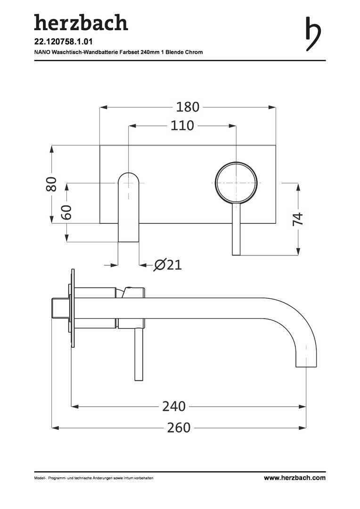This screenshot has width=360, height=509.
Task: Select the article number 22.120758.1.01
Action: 59,42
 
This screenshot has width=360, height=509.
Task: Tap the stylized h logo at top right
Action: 313,34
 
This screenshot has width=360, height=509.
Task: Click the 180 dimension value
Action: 188,107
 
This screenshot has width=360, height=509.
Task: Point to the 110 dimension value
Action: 182,125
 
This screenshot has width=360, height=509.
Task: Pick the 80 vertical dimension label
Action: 52,184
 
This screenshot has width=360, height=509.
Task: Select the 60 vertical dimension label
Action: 66,212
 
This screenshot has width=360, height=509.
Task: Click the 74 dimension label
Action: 298,219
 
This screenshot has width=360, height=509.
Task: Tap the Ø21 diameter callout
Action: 168,265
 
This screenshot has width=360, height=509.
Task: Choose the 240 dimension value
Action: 174,406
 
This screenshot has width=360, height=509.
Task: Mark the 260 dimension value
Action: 179,428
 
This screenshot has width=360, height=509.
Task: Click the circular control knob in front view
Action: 236,183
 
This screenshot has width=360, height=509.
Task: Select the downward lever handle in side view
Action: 139,354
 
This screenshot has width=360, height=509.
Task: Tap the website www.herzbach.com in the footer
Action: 295,478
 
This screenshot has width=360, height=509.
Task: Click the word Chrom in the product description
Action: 194,52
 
